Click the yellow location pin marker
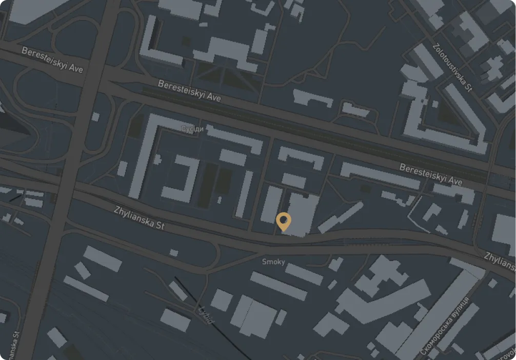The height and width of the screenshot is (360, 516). tap(283, 221)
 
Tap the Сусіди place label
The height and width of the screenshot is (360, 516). tap(192, 129)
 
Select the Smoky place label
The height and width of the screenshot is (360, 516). tap(273, 262)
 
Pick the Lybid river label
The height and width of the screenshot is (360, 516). tap(205, 314)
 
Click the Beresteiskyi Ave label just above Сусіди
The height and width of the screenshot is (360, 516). tap(189, 91)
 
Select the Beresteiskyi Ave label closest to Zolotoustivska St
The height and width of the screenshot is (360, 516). tap(431, 174)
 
